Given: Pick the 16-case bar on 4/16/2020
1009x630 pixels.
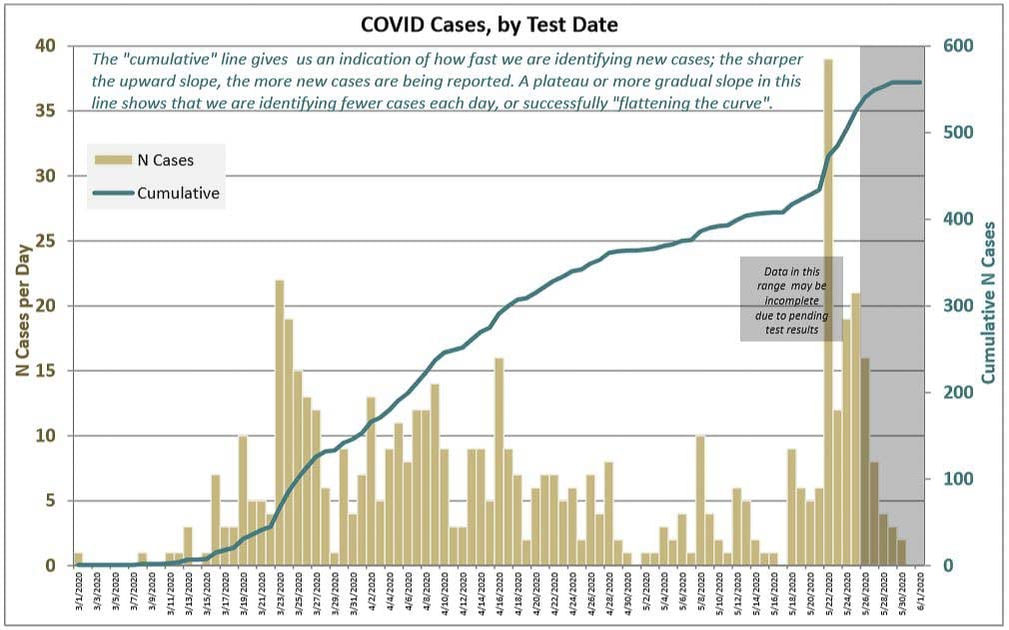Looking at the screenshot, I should pyautogui.click(x=499, y=461).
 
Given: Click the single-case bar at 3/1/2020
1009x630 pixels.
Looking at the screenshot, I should pyautogui.click(x=78, y=559).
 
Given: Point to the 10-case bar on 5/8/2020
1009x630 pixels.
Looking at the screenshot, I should pyautogui.click(x=700, y=500).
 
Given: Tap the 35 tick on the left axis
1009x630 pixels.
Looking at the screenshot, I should pyautogui.click(x=48, y=111).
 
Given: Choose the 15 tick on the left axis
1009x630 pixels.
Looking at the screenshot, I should pyautogui.click(x=48, y=371).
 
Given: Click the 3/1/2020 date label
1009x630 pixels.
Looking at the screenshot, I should pyautogui.click(x=78, y=598).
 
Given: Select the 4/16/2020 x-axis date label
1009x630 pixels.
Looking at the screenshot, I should pyautogui.click(x=500, y=598).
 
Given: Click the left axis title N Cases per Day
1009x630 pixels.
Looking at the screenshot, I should pyautogui.click(x=20, y=305).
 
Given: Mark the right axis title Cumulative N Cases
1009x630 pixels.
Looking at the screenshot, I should pyautogui.click(x=988, y=303).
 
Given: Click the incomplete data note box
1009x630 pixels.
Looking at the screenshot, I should pyautogui.click(x=791, y=299).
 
